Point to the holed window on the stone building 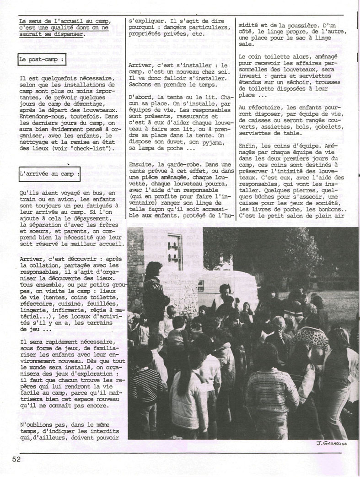[175, 248]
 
